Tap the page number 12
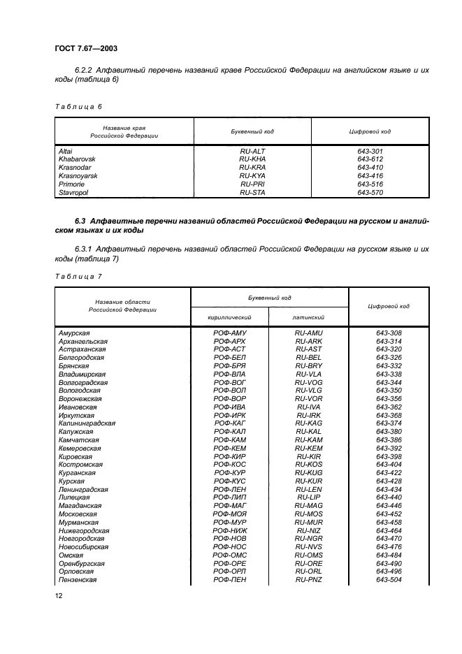59,595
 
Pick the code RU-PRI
252,184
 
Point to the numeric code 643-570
370,192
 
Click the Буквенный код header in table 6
252,131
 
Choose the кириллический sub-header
230,317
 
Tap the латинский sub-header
308,317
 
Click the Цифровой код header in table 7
389,307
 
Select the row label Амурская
74,333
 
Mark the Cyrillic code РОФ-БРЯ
230,365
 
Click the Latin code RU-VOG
308,382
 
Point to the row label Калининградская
87,423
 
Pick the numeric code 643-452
389,514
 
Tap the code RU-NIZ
308,530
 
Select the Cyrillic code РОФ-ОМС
230,555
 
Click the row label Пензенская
78,579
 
